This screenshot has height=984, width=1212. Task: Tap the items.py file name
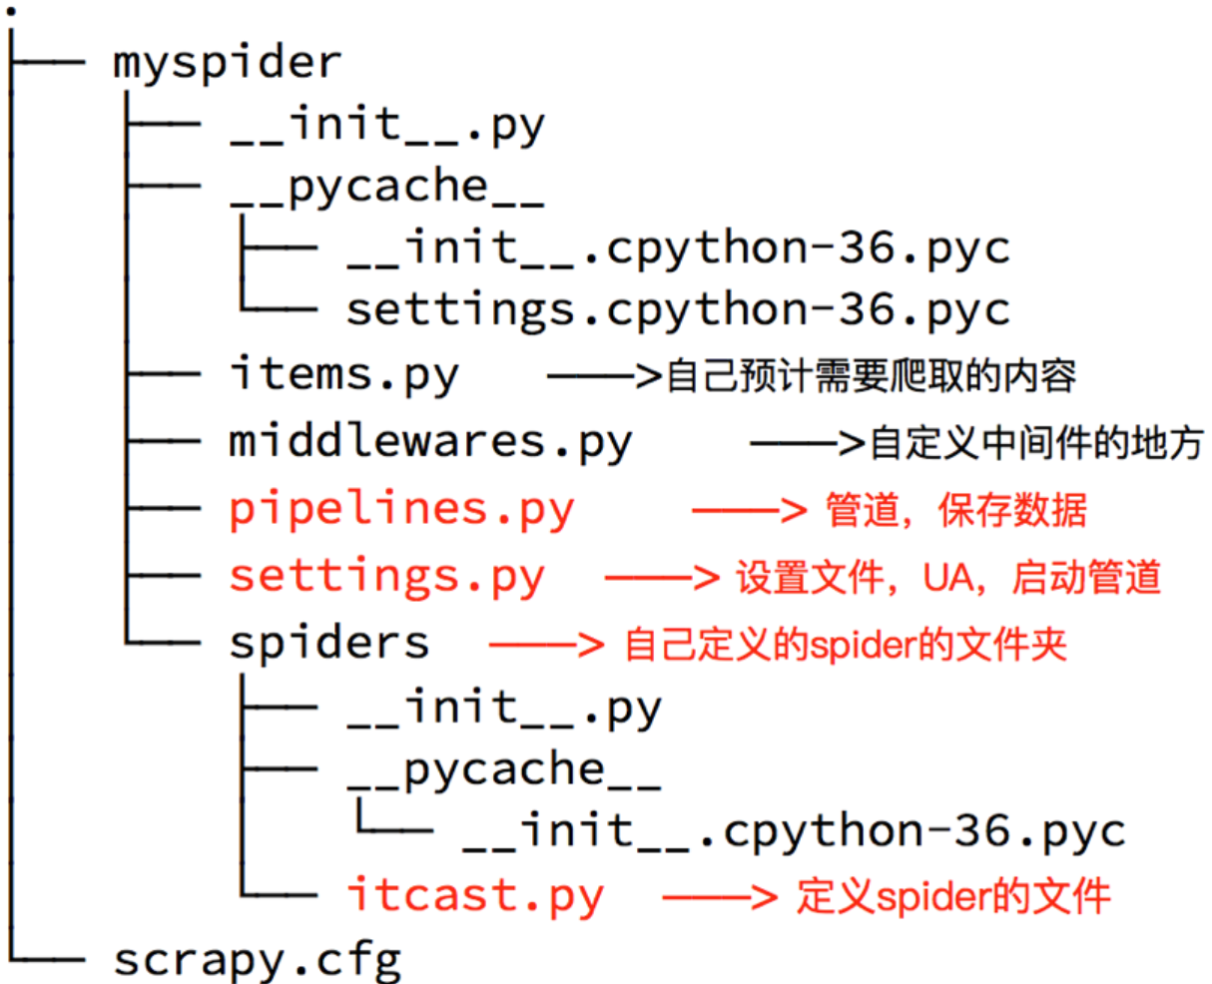tap(343, 376)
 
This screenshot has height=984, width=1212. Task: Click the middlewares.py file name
tap(430, 442)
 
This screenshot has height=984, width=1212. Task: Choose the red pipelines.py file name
tap(401, 510)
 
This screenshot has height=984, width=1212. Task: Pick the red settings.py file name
tap(387, 577)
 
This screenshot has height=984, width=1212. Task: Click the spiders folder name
tap(328, 643)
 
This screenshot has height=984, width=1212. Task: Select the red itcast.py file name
tap(475, 894)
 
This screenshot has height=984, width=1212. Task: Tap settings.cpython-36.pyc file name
tap(678, 310)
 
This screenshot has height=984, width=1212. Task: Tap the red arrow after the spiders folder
tap(546, 645)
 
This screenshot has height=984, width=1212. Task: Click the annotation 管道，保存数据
tap(955, 511)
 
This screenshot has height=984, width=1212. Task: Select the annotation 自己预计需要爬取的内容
tap(871, 376)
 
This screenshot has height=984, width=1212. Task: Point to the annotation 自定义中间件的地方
tap(1036, 443)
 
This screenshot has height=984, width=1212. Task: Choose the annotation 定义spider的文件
tap(952, 896)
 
